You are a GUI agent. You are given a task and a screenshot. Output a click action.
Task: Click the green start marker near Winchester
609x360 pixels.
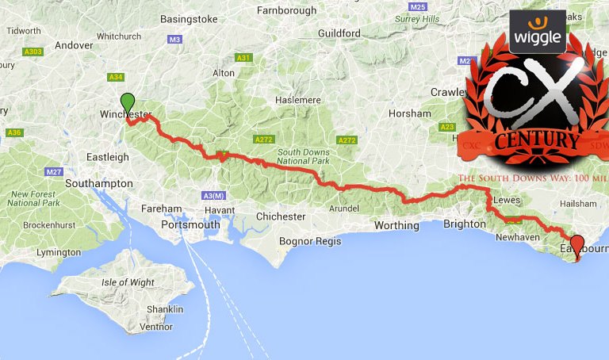tap(127, 103)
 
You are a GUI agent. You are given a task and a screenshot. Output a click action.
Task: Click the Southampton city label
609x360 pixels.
tap(99, 183)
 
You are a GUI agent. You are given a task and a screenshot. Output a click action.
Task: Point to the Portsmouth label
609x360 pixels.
tap(190, 224)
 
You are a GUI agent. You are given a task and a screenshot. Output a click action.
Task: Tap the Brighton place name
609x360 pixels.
tap(464, 224)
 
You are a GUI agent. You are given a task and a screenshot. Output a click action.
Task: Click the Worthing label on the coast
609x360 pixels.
tap(396, 225)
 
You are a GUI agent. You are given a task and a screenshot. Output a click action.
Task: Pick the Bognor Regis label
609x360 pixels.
tap(308, 240)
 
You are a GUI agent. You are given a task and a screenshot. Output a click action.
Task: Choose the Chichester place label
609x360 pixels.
tap(281, 216)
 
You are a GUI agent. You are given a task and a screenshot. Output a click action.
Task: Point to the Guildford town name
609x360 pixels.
tap(339, 33)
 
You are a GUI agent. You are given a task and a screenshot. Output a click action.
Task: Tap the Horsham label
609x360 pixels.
tap(410, 113)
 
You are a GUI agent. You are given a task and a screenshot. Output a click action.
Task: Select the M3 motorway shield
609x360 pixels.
tap(174, 38)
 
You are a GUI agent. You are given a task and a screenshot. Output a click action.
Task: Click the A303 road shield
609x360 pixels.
tap(33, 52)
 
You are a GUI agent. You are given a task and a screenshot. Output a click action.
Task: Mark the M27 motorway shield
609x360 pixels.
tap(54, 171)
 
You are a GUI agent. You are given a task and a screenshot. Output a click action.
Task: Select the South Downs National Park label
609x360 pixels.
tap(308, 156)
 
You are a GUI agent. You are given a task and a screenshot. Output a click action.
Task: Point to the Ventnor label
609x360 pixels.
tap(155, 326)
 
